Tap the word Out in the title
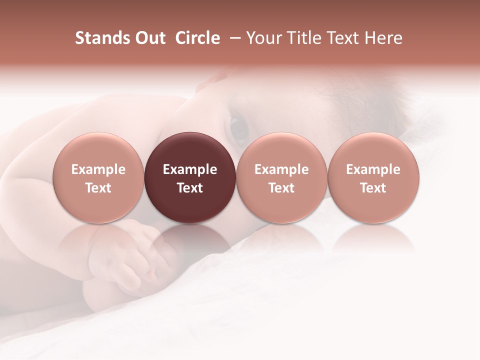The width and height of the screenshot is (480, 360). pos(149,38)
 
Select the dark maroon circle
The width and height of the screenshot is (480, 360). pos(190,177)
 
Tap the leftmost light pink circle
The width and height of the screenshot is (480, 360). pos(98,177)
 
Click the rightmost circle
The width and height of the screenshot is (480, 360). pos(373,177)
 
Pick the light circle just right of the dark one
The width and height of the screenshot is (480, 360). pos(281,177)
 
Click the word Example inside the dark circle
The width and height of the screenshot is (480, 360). pos(190,169)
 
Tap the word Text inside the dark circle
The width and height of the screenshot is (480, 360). pos(190,188)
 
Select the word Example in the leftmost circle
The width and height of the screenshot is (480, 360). pos(98,169)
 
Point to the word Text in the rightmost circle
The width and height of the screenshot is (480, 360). pos(373,188)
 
